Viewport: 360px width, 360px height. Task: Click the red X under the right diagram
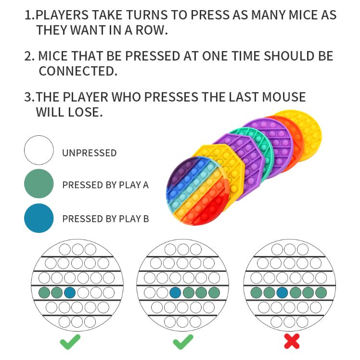coord(292,341)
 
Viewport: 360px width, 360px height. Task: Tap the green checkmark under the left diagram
coord(70,342)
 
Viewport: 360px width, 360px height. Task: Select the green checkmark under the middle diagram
coord(183,342)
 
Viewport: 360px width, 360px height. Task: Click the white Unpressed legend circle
coord(39,150)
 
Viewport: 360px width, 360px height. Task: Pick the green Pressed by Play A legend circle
coord(39,184)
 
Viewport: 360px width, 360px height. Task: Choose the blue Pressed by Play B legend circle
coord(39,218)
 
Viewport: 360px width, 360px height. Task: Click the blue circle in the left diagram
coord(70,293)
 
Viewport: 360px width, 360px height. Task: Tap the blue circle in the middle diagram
coord(175,293)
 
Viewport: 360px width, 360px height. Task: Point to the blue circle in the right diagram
coord(283,293)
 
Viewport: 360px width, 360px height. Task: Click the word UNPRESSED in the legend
coord(90,153)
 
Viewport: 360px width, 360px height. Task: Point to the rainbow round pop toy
coord(197,191)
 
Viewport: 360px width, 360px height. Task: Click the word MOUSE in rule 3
coord(284,97)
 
